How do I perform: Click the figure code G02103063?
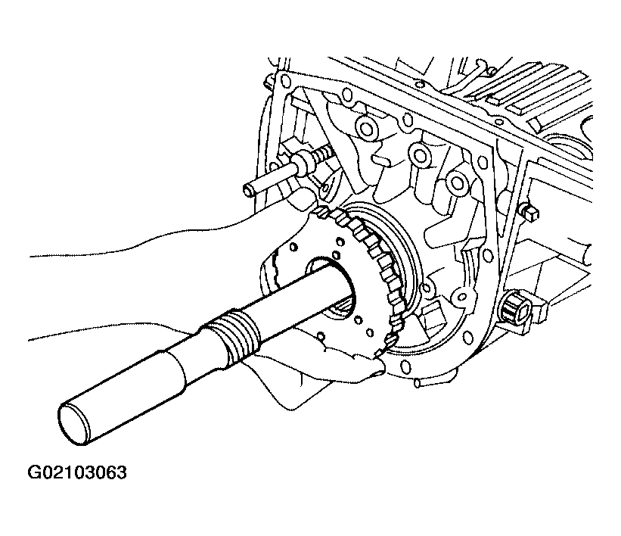coord(77,472)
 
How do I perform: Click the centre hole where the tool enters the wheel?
coord(333,286)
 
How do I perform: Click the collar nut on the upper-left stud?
coord(304,161)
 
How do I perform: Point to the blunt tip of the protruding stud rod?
coord(248,189)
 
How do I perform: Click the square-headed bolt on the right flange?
coord(530,213)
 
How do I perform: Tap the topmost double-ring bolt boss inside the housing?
coord(365,129)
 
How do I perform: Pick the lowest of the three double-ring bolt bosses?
coord(457,182)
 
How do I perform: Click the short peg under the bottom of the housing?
coord(417,383)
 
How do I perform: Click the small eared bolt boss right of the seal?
coord(460,296)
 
